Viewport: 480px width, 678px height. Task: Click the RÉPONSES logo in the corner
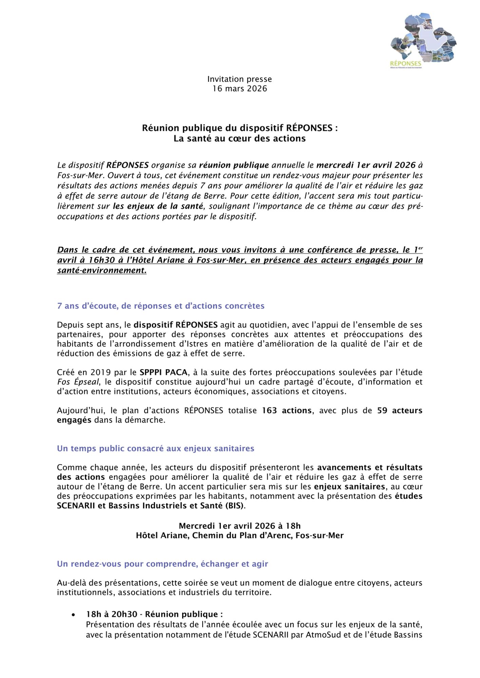tap(423, 41)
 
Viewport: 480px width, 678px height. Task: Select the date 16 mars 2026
tap(239, 89)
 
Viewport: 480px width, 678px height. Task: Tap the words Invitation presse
tap(239, 79)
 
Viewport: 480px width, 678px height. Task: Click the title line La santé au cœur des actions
tap(239, 139)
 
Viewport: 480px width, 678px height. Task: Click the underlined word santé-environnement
tap(102, 271)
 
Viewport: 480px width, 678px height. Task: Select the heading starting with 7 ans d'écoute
tap(160, 306)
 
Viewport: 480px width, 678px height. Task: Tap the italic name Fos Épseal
tap(78, 382)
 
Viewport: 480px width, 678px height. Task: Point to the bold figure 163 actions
tap(287, 411)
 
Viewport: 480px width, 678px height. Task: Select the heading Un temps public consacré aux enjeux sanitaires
tap(155, 448)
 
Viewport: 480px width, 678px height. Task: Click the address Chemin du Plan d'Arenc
tap(242, 536)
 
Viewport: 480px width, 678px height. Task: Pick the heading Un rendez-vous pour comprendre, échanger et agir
tap(162, 564)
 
